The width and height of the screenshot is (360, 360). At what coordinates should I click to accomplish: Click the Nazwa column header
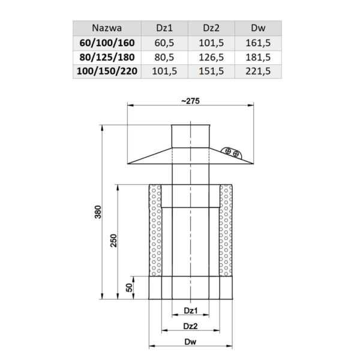[x=107, y=28]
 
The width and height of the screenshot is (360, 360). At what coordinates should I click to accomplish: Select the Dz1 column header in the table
[x=164, y=28]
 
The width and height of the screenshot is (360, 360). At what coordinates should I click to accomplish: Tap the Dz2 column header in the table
[x=211, y=28]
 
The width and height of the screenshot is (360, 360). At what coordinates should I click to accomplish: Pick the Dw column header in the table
[x=258, y=28]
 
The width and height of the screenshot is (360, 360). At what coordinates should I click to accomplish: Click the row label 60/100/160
[x=107, y=43]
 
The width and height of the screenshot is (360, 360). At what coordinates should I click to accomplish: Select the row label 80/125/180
[x=107, y=57]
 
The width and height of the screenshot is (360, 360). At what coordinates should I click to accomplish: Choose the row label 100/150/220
[x=107, y=71]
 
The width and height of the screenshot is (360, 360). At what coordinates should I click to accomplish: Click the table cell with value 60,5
[x=164, y=43]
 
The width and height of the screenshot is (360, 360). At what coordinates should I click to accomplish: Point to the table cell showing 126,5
[x=211, y=57]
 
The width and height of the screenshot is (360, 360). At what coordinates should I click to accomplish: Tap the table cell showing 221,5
[x=258, y=71]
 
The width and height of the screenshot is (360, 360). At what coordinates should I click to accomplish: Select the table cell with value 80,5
[x=164, y=57]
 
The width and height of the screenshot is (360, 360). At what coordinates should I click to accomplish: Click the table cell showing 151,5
[x=211, y=71]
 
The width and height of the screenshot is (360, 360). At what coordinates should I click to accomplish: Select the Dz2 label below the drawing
[x=190, y=326]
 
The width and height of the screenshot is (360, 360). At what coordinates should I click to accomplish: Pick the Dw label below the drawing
[x=190, y=343]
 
